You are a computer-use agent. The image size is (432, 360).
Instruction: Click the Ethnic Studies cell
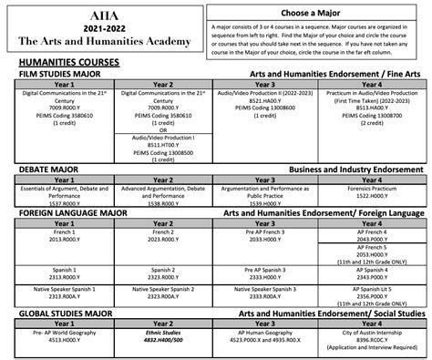tap(161, 334)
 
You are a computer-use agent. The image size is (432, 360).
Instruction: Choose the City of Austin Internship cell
tap(375, 338)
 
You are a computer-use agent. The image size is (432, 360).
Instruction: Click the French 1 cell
tap(56, 234)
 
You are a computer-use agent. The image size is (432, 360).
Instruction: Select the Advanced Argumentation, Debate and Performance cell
tap(161, 193)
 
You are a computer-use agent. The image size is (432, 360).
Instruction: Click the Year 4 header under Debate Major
tap(375, 180)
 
